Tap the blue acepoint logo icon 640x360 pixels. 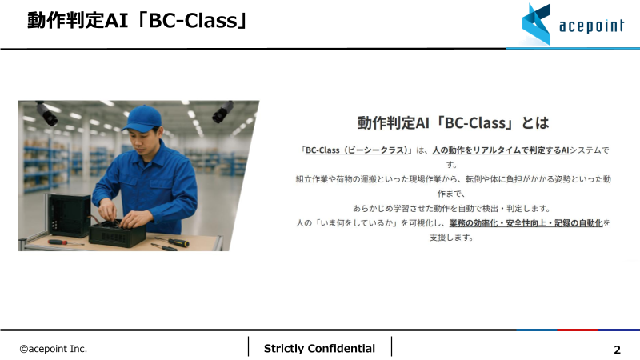coord(537,23)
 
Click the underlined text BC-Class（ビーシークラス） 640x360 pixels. coord(358,150)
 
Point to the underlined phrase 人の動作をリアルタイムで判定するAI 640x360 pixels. coord(500,150)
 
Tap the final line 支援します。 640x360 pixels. coord(452,237)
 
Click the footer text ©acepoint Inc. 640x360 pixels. coord(54,349)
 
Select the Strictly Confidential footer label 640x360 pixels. coord(319,348)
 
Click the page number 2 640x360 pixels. coord(617,350)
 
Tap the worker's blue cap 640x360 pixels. coord(142,119)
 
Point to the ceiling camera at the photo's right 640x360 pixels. coord(222,111)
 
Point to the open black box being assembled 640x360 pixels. coord(117,233)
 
